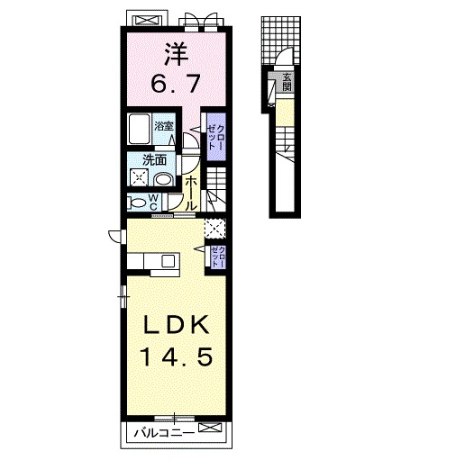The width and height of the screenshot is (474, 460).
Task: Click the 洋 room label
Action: click(176, 54)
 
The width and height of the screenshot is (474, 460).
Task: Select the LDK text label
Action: click(177, 324)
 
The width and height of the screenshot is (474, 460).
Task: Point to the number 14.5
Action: click(177, 356)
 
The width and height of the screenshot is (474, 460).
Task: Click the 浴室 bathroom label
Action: click(164, 126)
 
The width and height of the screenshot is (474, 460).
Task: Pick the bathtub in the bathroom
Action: click(139, 129)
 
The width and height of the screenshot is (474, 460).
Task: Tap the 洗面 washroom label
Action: click(154, 160)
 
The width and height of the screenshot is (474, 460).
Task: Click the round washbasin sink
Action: click(164, 179)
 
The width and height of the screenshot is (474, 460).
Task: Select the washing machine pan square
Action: click(139, 177)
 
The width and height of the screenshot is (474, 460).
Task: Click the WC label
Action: click(153, 203)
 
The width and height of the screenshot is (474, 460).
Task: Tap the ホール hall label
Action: click(190, 194)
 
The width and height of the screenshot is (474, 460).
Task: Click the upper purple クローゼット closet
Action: click(216, 137)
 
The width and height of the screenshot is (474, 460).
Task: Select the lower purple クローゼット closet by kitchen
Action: click(218, 257)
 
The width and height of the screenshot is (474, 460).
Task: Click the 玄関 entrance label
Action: click(287, 82)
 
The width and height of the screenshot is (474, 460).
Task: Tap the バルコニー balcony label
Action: click(164, 433)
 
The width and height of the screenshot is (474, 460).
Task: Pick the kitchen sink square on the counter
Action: click(169, 261)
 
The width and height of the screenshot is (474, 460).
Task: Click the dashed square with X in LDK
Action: click(215, 228)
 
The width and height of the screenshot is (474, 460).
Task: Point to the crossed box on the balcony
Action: click(210, 428)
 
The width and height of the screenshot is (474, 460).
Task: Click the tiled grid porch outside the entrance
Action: click(281, 41)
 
